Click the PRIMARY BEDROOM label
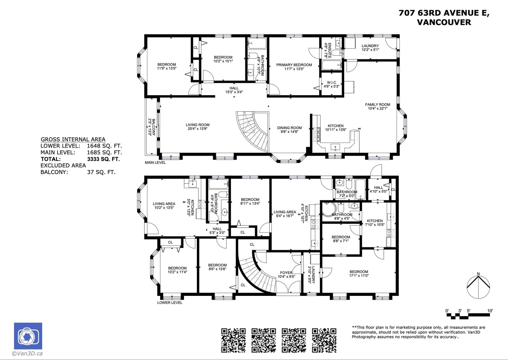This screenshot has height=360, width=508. [294, 65]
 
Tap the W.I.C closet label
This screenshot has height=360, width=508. [331, 83]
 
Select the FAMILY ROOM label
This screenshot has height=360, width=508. [378, 104]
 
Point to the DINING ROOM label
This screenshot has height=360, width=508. [289, 128]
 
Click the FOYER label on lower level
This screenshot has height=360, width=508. [286, 273]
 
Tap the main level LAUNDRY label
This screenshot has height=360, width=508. [370, 46]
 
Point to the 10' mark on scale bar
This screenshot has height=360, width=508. [490, 311]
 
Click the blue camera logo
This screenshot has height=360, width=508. [28, 336]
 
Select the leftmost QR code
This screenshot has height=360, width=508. [233, 341]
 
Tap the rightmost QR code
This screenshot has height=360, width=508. [324, 341]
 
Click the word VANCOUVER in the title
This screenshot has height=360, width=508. [444, 22]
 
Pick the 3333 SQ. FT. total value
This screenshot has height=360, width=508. [104, 159]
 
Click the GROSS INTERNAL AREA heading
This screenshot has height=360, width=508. [73, 139]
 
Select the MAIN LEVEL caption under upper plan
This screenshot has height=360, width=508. [155, 163]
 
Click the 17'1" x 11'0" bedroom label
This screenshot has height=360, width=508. [359, 276]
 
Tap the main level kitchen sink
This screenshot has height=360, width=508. [335, 147]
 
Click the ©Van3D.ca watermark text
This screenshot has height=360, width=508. [27, 353]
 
